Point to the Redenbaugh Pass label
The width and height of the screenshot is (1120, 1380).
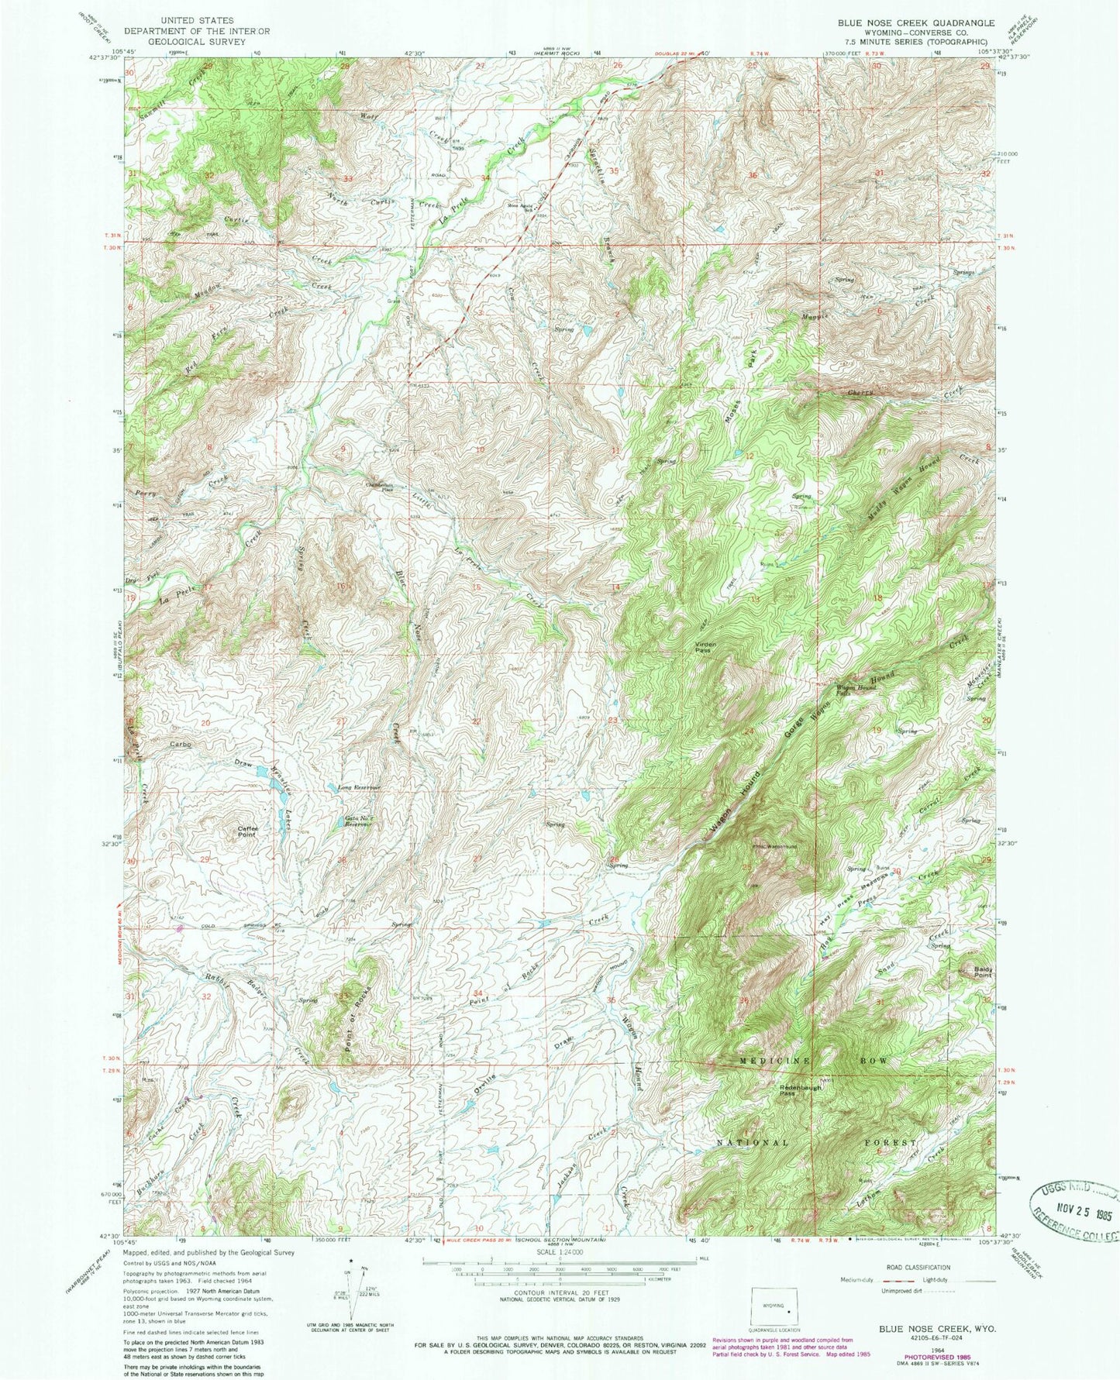click(799, 1089)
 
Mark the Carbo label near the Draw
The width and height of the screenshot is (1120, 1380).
click(181, 744)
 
